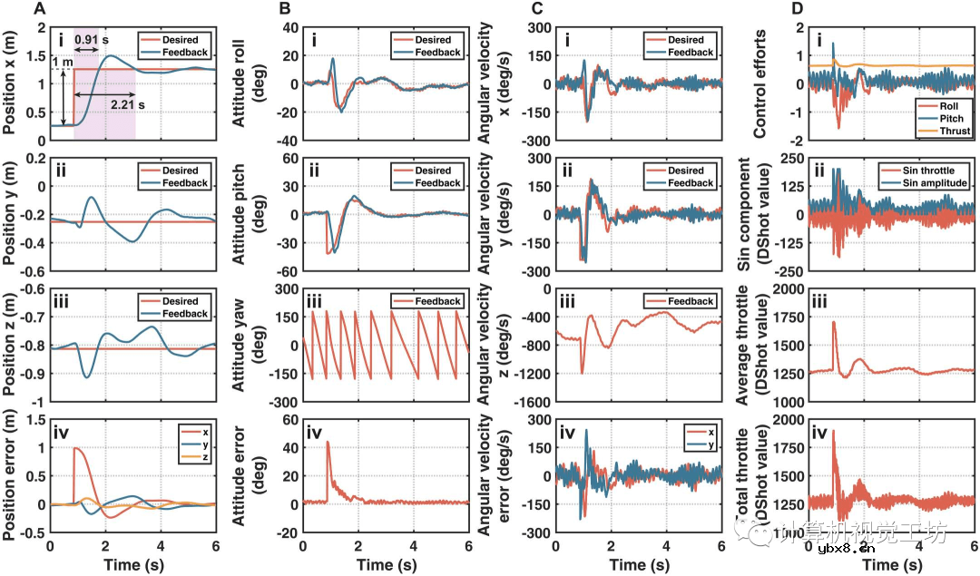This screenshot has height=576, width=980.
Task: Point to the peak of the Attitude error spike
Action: point(328,442)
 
